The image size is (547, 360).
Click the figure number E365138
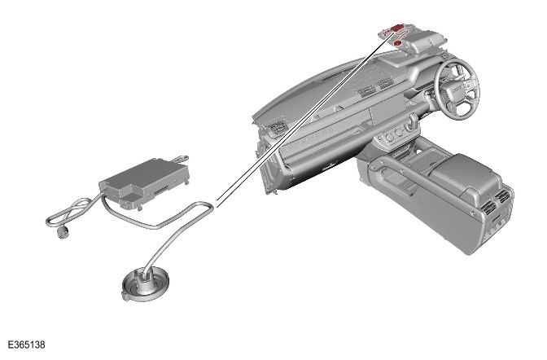[27, 345]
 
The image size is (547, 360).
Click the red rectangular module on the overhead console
[396, 28]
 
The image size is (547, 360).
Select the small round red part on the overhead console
[397, 42]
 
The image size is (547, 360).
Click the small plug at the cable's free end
[63, 233]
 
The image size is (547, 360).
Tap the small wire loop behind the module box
[181, 159]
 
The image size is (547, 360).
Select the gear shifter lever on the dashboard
[413, 123]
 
